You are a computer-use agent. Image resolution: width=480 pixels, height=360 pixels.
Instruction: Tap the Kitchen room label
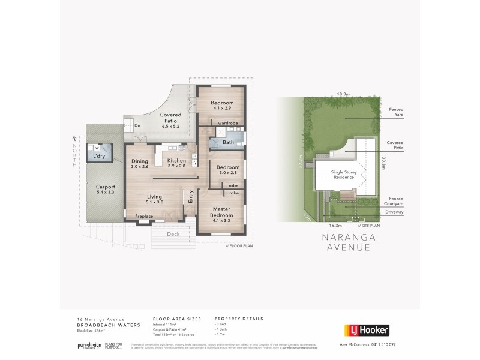click(177, 160)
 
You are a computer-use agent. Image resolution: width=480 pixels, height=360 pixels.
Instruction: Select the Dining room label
click(139, 160)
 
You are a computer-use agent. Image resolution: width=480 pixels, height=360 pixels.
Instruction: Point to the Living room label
click(155, 196)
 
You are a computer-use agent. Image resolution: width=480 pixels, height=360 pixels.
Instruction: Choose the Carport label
click(105, 187)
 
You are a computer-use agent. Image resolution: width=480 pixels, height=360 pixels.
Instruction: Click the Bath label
click(228, 143)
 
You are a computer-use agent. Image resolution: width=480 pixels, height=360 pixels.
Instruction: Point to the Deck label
click(173, 235)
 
